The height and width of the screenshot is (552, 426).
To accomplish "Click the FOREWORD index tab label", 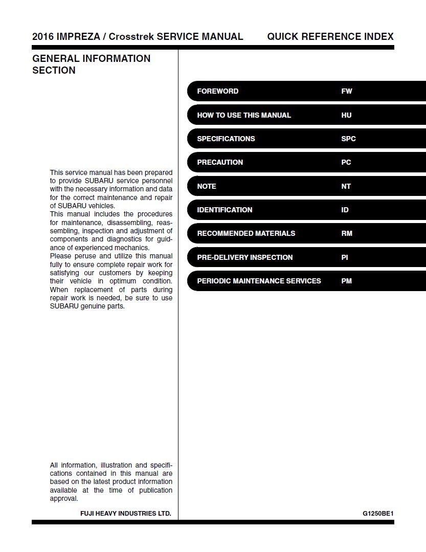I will point(217,91).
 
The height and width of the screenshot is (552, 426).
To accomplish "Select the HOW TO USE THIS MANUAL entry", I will point(243,115).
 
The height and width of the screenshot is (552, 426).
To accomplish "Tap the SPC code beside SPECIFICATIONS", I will point(348,139).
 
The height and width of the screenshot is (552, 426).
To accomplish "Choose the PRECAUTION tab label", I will point(220,162).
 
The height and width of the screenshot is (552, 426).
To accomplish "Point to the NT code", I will point(346,186).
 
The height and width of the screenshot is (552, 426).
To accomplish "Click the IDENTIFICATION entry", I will point(225,210).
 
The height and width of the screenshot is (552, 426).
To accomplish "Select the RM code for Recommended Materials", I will point(346,233).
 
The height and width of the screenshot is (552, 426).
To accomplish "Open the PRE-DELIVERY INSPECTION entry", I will point(244,257).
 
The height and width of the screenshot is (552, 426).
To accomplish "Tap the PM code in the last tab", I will point(346,281).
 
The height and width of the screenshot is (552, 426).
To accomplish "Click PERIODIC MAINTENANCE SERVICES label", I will point(259,281).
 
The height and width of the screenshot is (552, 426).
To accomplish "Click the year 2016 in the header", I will point(42,36).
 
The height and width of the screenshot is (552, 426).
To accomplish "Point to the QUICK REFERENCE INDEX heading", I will point(330,36).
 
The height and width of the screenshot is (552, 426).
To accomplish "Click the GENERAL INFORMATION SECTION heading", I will point(91,64).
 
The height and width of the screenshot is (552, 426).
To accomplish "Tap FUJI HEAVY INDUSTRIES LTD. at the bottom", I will point(125,513).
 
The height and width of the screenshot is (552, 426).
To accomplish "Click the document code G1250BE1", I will point(378,513).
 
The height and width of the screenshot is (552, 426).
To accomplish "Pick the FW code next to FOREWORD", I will point(346,91).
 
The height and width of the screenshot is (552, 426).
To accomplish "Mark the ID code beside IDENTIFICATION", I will point(345,210).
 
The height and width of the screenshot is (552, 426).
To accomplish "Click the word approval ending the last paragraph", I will point(64,498).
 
